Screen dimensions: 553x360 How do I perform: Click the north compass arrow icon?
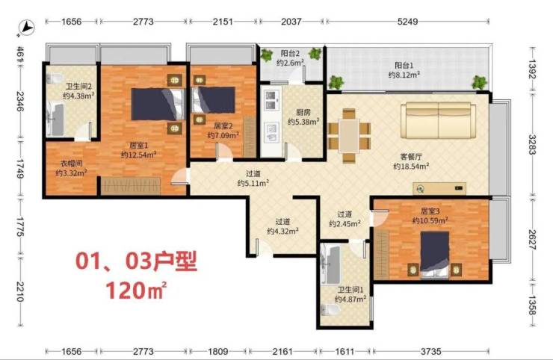click(x=27, y=27)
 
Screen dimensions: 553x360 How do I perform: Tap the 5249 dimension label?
click(x=407, y=22)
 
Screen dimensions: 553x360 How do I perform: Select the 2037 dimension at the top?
click(x=291, y=22)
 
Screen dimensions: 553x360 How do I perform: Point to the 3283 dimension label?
click(x=532, y=145)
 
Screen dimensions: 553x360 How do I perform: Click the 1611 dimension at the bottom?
click(x=345, y=351)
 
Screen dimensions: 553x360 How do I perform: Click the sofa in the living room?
click(x=438, y=120)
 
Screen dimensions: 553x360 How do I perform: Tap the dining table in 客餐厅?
click(x=349, y=136)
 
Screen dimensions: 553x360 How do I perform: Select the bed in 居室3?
click(x=434, y=255)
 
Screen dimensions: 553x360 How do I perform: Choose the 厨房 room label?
click(x=303, y=113)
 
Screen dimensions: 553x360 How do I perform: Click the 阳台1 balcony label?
click(x=404, y=65)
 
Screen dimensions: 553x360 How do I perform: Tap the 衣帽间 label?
click(x=72, y=164)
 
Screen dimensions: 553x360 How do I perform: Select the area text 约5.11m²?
click(x=253, y=183)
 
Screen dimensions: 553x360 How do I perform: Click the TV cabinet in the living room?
click(x=439, y=189)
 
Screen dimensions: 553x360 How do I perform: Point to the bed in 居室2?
click(x=214, y=100)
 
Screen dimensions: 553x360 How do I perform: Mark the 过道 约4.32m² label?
click(x=282, y=226)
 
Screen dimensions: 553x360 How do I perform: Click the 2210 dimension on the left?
click(x=19, y=291)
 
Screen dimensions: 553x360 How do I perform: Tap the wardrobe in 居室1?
click(x=131, y=185)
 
